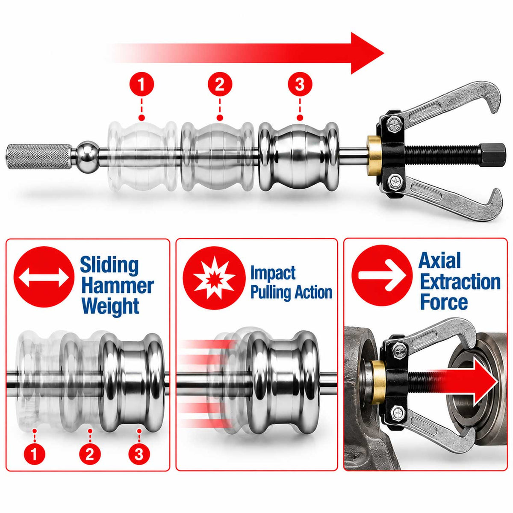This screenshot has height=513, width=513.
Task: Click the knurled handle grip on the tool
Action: pos(39,156)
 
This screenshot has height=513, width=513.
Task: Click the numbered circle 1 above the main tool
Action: pos(142,85)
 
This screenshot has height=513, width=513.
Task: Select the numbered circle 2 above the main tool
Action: pos(220,85)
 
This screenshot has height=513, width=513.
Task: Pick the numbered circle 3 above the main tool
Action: pos(300,85)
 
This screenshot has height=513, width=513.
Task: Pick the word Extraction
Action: pos(460,282)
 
